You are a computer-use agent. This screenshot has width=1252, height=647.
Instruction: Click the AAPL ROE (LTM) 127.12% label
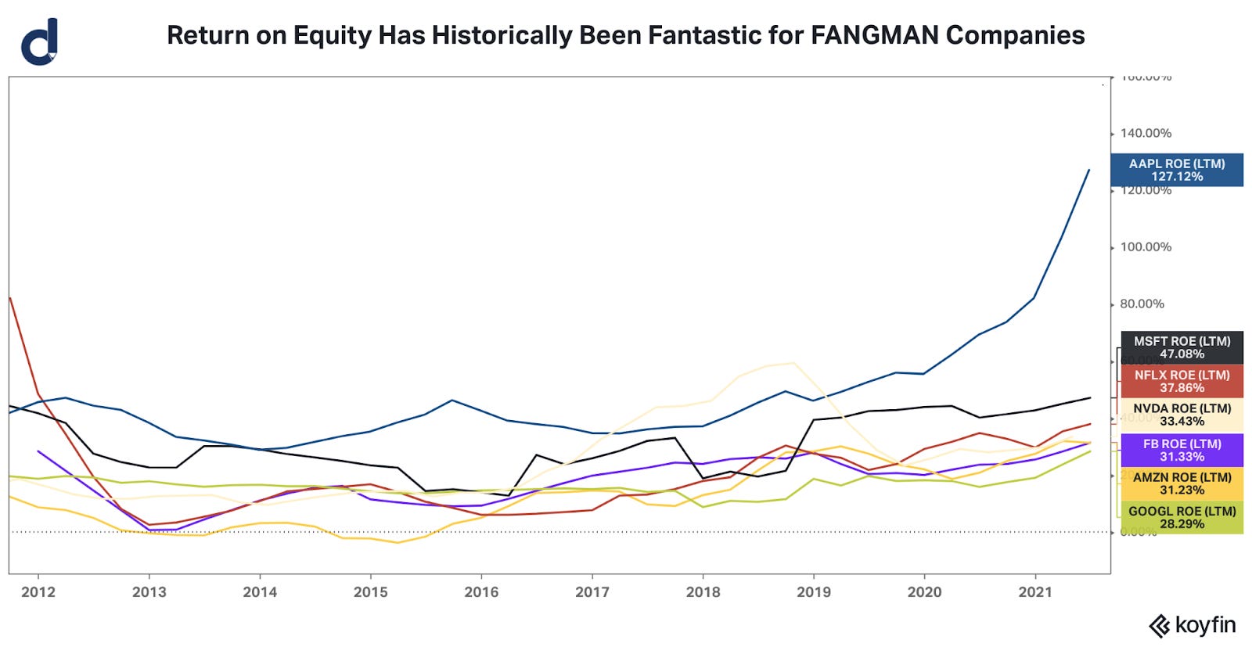click(x=1176, y=170)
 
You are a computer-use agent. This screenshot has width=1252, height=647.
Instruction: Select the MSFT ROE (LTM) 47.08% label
click(x=1182, y=347)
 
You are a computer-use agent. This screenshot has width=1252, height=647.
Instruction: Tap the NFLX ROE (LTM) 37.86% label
click(x=1182, y=381)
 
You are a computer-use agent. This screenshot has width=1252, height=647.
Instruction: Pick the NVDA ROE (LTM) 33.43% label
click(x=1182, y=415)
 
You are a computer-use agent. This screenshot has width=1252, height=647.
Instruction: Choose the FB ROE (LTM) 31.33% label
click(x=1182, y=450)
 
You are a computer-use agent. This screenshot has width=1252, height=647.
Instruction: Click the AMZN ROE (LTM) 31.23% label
click(x=1182, y=483)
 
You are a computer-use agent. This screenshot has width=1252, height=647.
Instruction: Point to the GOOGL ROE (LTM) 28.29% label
click(x=1182, y=517)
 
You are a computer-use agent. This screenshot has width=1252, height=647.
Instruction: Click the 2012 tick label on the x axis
click(x=38, y=592)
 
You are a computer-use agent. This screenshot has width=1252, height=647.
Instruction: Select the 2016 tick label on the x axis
click(x=481, y=592)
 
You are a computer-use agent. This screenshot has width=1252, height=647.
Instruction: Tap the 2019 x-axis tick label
click(x=814, y=592)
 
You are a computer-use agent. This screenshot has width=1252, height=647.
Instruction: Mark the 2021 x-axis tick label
click(x=1035, y=592)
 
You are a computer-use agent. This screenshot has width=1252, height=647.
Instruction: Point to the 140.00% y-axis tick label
click(x=1146, y=134)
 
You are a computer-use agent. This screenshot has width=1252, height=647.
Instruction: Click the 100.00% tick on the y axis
click(x=1146, y=247)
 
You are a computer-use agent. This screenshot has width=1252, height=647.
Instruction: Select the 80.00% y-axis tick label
click(x=1142, y=304)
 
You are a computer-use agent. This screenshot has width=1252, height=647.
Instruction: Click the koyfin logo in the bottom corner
click(x=1192, y=625)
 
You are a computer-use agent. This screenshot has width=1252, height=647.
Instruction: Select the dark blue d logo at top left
click(x=40, y=42)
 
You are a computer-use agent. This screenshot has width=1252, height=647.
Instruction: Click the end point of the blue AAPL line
click(x=1089, y=170)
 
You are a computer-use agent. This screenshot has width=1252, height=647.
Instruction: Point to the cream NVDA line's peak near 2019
click(x=793, y=362)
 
